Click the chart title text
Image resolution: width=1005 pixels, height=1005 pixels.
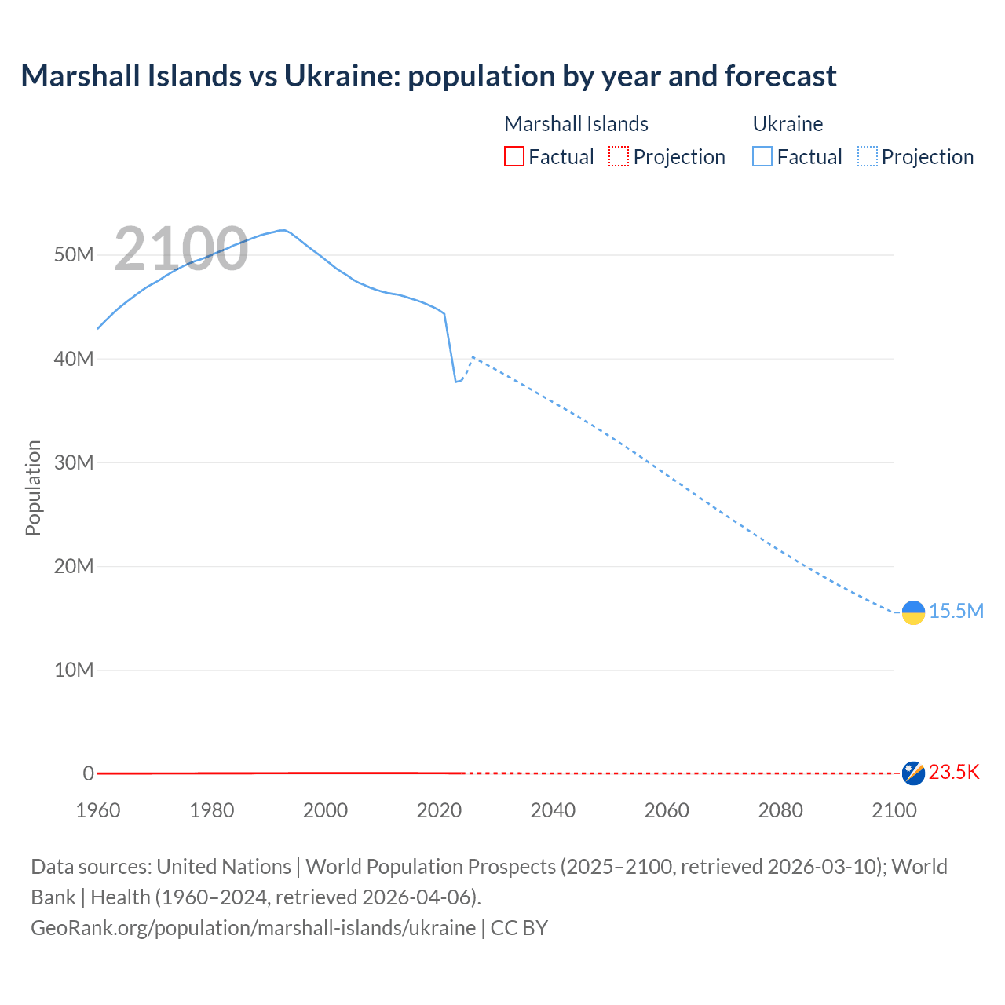coord(429,76)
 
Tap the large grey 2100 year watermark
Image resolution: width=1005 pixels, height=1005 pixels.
coord(181,249)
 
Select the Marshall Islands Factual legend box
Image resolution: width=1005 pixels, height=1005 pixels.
coord(513,156)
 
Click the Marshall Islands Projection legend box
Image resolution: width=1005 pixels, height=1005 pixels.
coord(619,156)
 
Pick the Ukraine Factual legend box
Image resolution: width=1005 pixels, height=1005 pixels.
coord(762,156)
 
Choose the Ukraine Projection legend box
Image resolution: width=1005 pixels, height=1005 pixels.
coord(867,156)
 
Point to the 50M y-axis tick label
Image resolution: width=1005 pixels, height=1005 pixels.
coord(74,255)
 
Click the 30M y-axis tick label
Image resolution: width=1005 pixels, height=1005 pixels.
coord(74,462)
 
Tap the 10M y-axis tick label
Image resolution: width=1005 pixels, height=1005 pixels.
coord(74,670)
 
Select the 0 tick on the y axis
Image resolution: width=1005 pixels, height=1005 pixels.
coord(88,773)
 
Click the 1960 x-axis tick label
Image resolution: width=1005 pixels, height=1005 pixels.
coord(98,810)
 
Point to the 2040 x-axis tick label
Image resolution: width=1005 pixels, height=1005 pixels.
coord(553,810)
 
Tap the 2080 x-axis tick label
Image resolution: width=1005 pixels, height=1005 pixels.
coord(780,810)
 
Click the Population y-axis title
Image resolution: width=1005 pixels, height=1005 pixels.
coord(33,488)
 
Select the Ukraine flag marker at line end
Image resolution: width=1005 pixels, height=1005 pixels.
coord(913,612)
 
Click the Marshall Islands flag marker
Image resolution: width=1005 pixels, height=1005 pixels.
coord(913,773)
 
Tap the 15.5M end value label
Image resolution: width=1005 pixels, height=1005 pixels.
coord(956,611)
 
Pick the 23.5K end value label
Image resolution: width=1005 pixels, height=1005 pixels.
coord(954,773)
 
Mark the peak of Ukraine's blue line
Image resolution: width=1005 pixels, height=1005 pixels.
coord(283,230)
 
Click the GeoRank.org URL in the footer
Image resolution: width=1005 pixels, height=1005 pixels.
coord(253,927)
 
